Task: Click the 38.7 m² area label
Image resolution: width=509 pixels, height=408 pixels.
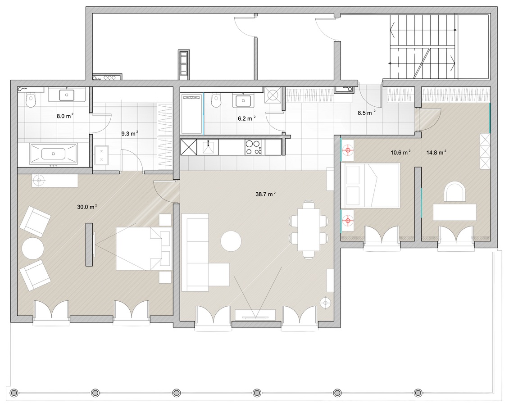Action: coord(266,194)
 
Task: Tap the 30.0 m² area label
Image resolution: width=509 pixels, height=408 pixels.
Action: coord(87,207)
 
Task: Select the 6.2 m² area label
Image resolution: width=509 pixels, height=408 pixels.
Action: coord(246,118)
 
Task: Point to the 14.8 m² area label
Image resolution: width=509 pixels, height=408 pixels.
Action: coord(436,152)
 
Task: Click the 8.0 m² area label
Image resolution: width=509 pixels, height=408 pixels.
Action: coord(64,116)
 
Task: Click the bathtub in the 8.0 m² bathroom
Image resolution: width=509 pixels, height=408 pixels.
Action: coord(54,154)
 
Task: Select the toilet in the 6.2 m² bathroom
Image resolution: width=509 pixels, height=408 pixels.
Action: coord(215,100)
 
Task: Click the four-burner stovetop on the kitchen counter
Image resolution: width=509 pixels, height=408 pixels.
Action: coord(253,147)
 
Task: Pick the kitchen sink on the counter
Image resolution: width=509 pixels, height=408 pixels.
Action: coord(208,147)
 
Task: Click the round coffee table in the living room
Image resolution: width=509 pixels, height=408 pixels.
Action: coord(231,240)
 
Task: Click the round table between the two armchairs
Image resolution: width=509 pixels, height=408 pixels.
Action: coord(33,248)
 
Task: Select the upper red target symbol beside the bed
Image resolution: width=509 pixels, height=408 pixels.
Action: coord(348,150)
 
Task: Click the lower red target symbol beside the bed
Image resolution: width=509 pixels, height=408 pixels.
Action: coord(348,221)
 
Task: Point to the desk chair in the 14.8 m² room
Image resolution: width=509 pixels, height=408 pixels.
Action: coord(454,192)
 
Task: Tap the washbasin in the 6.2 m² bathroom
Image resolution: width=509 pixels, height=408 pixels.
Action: coord(242,100)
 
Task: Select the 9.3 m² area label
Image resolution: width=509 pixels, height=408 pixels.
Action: coord(129,133)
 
